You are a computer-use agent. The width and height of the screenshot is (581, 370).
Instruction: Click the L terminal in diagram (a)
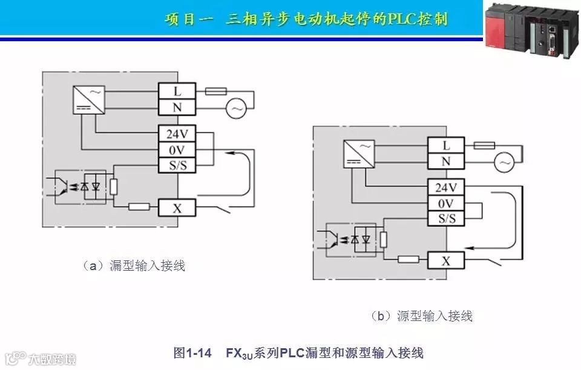tap(177, 91)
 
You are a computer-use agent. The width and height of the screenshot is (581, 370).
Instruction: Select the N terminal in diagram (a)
tap(177, 108)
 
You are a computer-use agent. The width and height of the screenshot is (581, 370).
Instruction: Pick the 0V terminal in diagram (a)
tap(177, 150)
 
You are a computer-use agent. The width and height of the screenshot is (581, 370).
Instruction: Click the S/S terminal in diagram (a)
tap(177, 165)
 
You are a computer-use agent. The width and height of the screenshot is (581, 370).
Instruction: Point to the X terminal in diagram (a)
tap(177, 208)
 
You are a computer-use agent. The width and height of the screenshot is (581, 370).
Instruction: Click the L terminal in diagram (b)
tap(447, 145)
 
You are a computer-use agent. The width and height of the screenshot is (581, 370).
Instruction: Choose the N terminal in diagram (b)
tap(447, 162)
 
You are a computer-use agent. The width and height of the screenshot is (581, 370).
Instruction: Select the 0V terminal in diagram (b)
tap(447, 203)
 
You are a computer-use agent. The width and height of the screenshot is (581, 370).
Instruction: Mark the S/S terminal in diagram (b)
tap(447, 219)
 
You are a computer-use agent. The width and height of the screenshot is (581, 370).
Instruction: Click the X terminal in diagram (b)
tap(447, 261)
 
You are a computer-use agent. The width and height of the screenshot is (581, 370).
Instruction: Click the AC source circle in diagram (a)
tap(234, 109)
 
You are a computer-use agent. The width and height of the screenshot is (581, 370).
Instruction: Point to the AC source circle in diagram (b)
tap(504, 162)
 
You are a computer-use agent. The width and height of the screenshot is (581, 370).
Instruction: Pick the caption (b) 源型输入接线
tap(421, 315)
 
